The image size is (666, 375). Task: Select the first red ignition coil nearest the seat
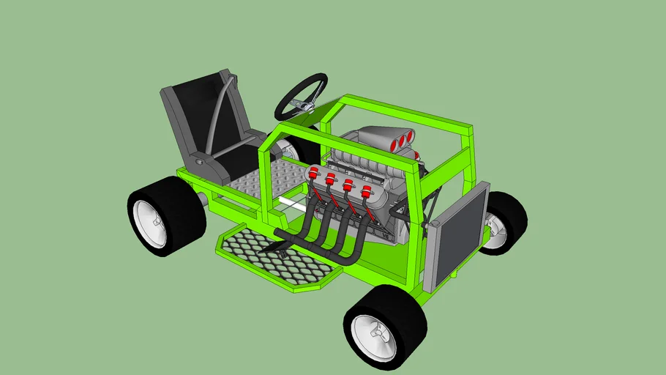(x=314, y=174)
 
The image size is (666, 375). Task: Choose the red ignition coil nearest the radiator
(x=364, y=193)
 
